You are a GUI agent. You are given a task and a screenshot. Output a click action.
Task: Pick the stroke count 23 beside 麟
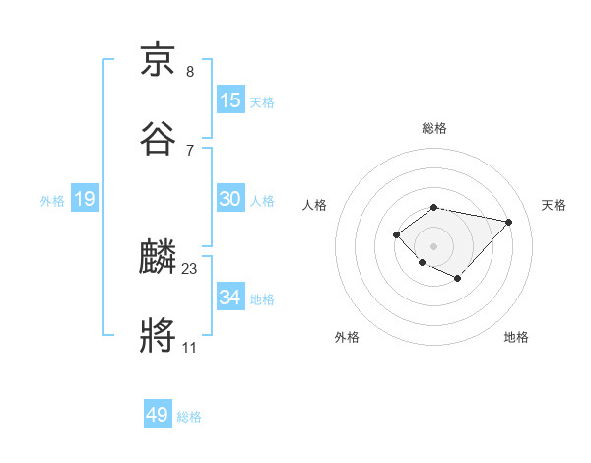point(190,268)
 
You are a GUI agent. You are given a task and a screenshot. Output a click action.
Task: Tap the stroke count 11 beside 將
point(190,348)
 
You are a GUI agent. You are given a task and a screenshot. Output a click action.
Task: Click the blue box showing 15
point(230,100)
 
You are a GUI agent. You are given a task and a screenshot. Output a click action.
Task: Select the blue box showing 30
point(230,199)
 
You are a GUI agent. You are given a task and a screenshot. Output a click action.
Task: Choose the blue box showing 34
point(230,298)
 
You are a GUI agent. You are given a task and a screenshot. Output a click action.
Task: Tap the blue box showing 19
point(85,200)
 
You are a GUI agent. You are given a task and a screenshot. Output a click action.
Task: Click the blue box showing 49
point(158,415)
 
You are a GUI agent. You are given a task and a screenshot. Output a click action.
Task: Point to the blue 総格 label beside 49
point(189,417)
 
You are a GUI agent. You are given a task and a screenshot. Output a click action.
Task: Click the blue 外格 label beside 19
point(52,201)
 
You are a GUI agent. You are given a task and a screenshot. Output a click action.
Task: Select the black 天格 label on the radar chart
point(554,205)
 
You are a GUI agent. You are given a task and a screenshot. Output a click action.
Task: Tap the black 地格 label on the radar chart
point(516,337)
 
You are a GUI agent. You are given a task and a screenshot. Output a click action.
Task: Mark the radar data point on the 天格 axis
point(508,222)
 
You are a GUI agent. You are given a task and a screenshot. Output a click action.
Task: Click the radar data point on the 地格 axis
point(458,279)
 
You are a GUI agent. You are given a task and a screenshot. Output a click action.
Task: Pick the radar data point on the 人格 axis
point(396,233)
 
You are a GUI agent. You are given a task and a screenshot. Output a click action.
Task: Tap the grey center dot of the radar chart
point(433,245)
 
